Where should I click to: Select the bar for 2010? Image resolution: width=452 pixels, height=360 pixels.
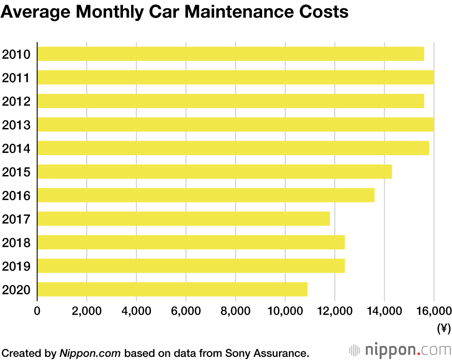coord(231,54)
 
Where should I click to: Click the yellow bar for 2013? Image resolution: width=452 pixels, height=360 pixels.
coord(235,124)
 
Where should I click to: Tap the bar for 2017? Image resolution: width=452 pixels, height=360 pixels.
coord(184,218)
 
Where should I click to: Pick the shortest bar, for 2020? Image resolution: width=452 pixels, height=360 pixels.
coord(172,289)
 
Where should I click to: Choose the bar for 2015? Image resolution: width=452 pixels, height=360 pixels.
coord(215,171)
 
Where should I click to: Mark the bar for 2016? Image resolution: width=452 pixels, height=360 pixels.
coord(206,195)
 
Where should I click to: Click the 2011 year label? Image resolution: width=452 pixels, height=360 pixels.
coord(16,78)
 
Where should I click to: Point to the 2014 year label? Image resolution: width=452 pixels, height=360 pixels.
coord(16,148)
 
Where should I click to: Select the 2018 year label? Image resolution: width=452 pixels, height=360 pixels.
coord(16,242)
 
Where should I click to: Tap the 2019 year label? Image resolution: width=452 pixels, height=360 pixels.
coord(16,266)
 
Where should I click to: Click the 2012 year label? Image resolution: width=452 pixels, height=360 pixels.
coord(16,101)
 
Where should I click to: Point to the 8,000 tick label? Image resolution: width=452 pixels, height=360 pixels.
coord(235,311)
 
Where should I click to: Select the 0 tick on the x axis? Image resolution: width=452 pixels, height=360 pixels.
coord(37,311)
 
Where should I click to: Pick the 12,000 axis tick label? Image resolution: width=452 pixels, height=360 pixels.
coord(335,311)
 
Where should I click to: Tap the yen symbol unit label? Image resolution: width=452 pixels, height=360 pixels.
coord(444,329)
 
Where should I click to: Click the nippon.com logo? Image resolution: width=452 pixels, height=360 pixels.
coord(400,350)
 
